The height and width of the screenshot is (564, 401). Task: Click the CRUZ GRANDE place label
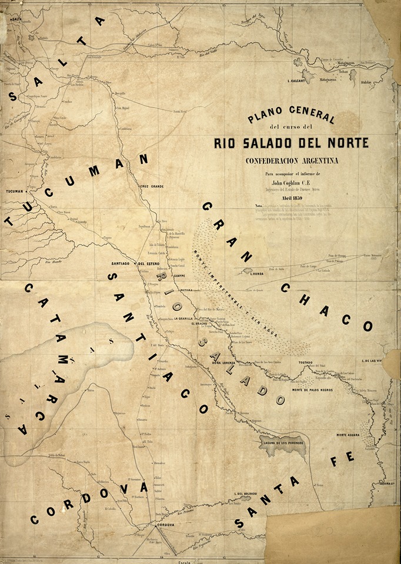(x=152, y=186)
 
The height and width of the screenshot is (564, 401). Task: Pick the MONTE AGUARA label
(x=348, y=435)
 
